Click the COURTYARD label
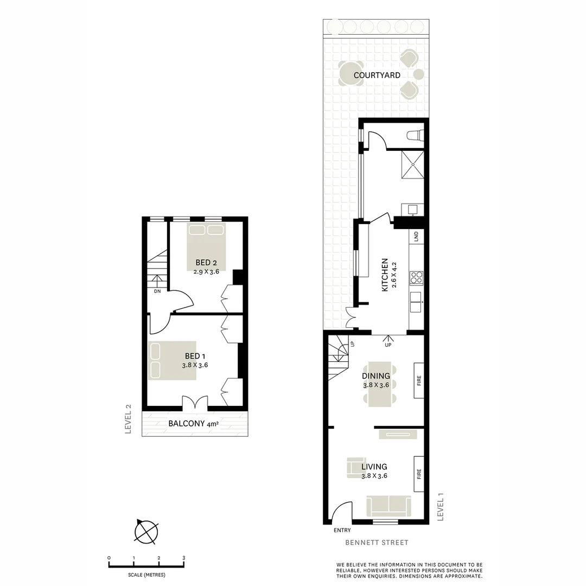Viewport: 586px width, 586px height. (x=377, y=75)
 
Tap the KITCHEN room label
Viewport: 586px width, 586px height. (x=385, y=275)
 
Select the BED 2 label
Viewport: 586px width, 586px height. (x=206, y=264)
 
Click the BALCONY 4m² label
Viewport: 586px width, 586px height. (x=193, y=424)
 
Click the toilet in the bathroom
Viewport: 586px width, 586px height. (x=415, y=136)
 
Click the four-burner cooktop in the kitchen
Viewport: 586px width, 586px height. (x=416, y=278)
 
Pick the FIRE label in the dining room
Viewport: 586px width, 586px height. (x=418, y=380)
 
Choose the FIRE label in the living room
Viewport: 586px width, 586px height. (x=418, y=474)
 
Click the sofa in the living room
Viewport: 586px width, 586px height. (x=388, y=506)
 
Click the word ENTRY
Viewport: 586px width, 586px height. (x=343, y=530)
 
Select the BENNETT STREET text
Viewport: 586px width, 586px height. (x=377, y=542)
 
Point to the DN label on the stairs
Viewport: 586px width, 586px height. (x=157, y=291)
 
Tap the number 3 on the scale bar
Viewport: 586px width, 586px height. (x=183, y=558)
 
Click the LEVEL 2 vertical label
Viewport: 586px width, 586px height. (x=129, y=419)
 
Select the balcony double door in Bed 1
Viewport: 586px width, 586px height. (x=194, y=402)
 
